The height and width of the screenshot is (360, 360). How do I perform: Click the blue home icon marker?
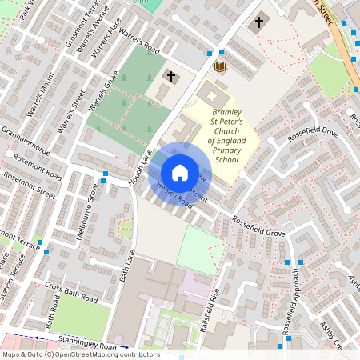pos(180,173)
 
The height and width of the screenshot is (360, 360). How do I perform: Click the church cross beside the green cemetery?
pos(170,77)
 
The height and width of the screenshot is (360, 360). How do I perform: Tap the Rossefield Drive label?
pos(313,130)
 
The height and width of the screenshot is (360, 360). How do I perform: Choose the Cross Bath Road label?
pos(70,291)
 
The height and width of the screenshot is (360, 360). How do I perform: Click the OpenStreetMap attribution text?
pos(81,354)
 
